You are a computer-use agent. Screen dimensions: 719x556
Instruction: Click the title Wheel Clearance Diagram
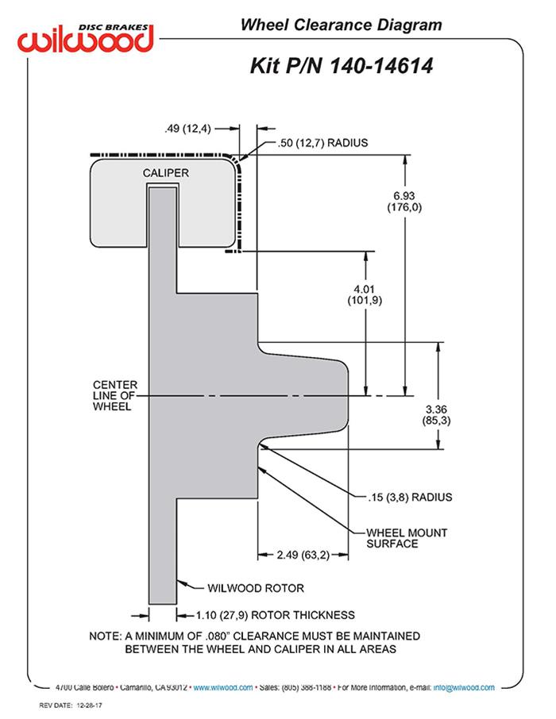pyautogui.click(x=341, y=25)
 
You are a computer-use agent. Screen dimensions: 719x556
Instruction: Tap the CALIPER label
pyautogui.click(x=165, y=173)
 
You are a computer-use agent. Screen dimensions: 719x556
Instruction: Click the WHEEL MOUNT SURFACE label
pyautogui.click(x=407, y=538)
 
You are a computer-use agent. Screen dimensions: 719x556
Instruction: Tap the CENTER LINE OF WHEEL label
pyautogui.click(x=115, y=395)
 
